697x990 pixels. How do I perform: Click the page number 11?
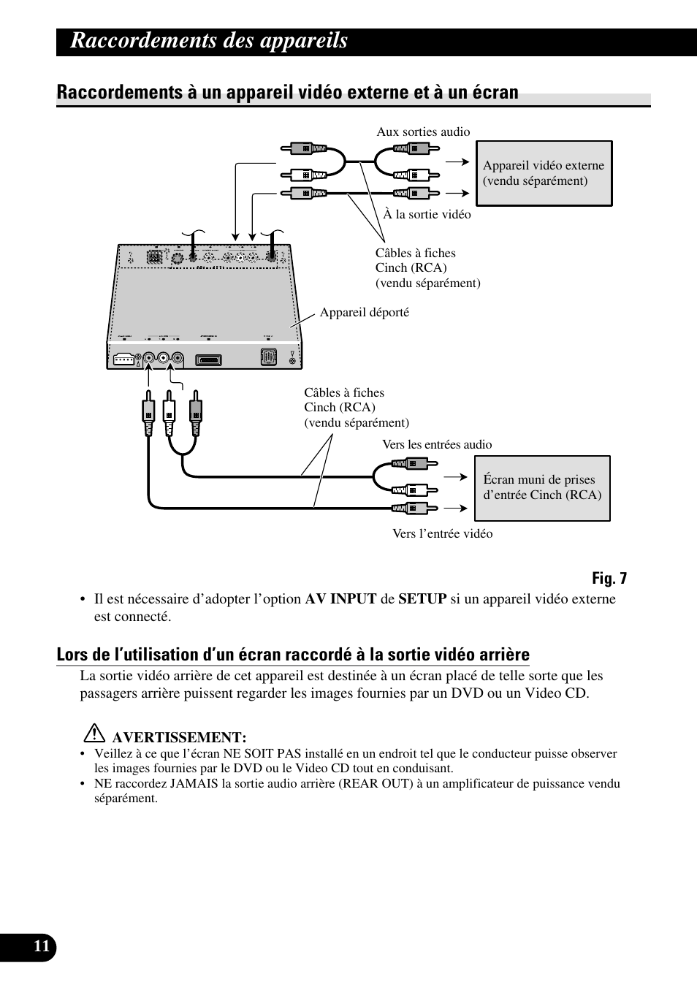[42, 947]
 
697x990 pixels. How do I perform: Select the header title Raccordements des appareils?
[209, 41]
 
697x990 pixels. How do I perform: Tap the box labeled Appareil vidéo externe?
[544, 173]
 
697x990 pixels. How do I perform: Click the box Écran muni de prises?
[541, 487]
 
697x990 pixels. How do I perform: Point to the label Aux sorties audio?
[423, 132]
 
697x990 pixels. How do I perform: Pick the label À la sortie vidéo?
[427, 214]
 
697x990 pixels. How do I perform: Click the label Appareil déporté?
[364, 312]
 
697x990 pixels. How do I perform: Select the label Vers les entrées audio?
[437, 444]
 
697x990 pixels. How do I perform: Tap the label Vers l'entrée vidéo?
[442, 533]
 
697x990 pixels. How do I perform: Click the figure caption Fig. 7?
[609, 579]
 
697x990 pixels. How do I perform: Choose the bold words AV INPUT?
[340, 599]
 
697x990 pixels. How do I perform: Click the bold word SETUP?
[422, 599]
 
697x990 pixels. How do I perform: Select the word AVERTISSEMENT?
[179, 737]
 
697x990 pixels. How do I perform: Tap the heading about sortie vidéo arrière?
[292, 655]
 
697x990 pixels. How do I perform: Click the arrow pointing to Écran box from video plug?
[455, 508]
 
